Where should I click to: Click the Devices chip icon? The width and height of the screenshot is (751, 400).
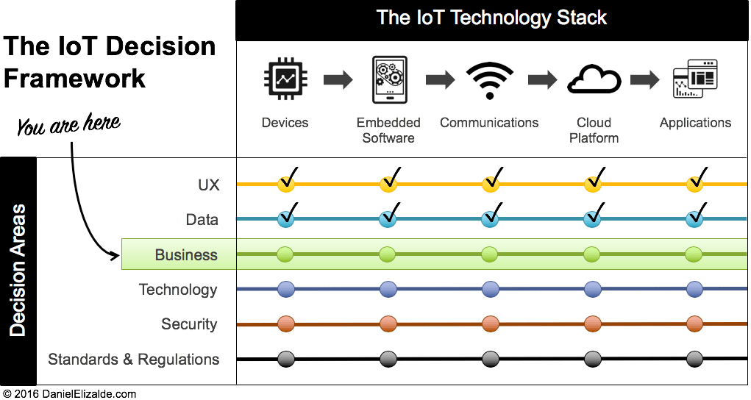[x=285, y=79]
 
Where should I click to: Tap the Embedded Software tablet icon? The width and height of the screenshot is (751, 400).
[x=388, y=80]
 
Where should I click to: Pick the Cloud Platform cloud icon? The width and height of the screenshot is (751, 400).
[x=593, y=79]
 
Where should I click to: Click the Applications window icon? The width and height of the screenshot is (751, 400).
[x=695, y=79]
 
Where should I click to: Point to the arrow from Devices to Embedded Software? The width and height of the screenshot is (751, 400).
[x=338, y=79]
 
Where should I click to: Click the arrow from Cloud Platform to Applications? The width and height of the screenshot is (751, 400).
[x=644, y=79]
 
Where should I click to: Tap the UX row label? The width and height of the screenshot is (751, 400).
[x=208, y=185]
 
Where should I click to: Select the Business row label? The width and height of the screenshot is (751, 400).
[x=186, y=254]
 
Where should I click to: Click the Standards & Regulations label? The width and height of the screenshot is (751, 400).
[x=133, y=360]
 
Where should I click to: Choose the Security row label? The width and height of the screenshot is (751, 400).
[x=189, y=324]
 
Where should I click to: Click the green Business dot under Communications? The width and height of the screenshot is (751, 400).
[x=490, y=255]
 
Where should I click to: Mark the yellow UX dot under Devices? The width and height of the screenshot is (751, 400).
[x=285, y=184]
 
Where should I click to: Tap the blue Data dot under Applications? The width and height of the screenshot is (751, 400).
[x=694, y=219]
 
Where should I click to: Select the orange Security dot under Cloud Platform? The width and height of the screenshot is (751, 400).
[x=593, y=324]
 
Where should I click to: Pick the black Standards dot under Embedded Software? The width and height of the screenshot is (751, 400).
[x=388, y=360]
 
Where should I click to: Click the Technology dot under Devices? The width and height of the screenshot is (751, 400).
[x=285, y=290]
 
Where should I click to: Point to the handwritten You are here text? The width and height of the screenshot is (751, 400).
[x=68, y=125]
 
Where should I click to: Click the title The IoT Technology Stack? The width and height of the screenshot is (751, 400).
[x=491, y=18]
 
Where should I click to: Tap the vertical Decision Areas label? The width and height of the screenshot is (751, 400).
[x=18, y=271]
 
